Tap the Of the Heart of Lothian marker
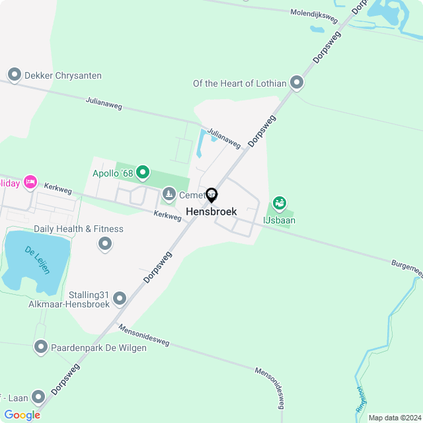297,83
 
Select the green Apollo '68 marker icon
142,174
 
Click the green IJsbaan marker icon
280,204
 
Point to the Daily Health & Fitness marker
105,245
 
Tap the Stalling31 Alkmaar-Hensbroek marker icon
120,299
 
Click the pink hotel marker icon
30,182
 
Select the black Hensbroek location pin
211,196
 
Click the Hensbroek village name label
211,211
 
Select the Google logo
22,415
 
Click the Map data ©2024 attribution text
395,418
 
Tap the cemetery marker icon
169,194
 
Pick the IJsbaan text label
280,220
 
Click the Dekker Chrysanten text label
63,75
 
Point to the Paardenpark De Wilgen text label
99,348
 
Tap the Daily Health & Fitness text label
79,229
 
